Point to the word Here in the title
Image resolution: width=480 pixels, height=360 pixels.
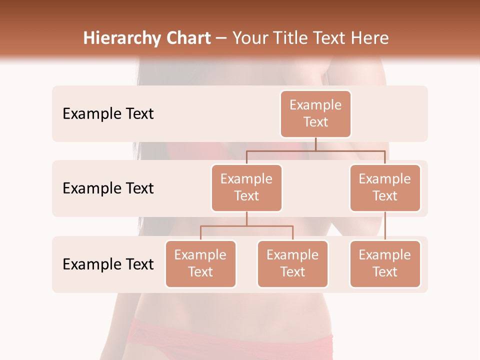(x=370, y=38)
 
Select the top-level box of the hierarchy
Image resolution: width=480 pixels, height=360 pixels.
(x=315, y=114)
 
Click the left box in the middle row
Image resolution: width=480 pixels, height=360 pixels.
(x=246, y=188)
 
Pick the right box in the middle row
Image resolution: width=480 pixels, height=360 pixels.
(x=385, y=188)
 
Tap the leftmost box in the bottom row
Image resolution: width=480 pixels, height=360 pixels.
(x=200, y=264)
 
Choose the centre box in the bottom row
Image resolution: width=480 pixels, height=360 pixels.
(x=292, y=264)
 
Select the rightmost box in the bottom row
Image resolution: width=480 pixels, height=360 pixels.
(x=385, y=264)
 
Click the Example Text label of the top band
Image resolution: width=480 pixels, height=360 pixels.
(x=108, y=114)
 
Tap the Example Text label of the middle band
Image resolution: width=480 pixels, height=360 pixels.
(x=108, y=188)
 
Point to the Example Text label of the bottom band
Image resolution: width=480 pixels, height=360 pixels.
(x=108, y=264)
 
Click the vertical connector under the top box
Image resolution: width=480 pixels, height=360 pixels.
(x=315, y=144)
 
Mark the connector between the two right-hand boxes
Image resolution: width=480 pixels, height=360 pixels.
(x=385, y=226)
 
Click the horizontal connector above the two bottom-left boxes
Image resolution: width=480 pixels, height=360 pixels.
(x=246, y=226)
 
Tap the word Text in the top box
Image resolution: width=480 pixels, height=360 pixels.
(x=315, y=122)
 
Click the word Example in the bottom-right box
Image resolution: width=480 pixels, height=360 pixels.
(x=385, y=255)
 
